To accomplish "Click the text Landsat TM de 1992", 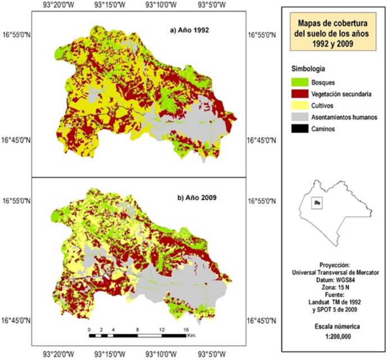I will coord(333,301).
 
